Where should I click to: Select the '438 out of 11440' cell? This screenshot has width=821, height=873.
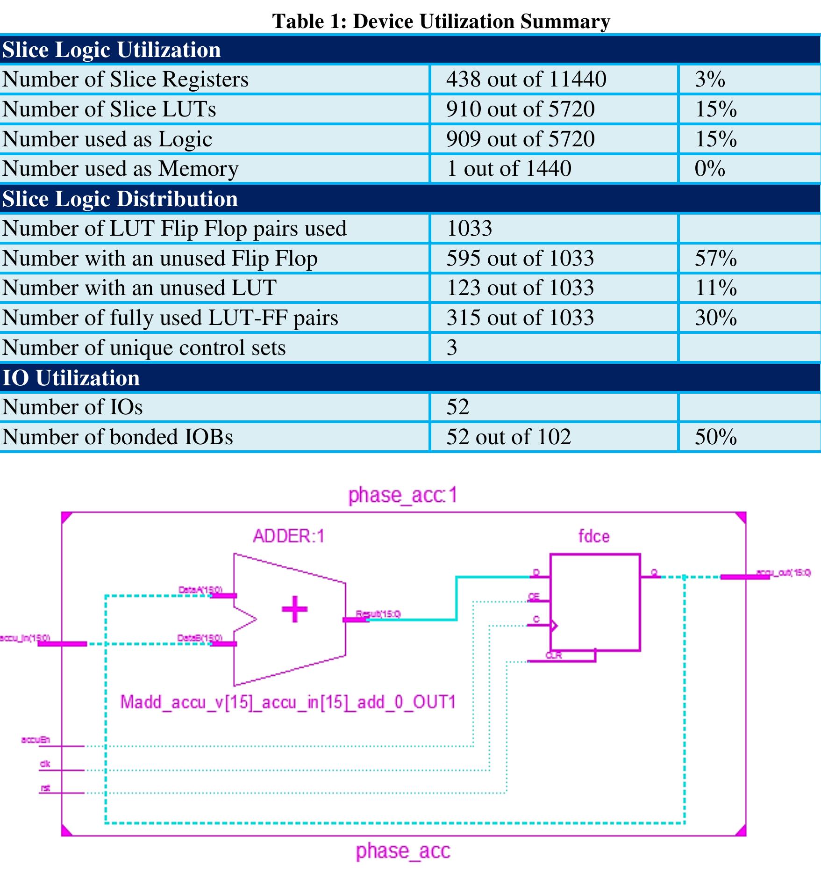click(526, 79)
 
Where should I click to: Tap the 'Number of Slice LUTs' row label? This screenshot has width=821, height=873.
click(109, 109)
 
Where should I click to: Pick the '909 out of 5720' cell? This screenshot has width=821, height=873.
click(520, 139)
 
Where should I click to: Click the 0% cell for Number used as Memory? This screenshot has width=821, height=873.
click(709, 168)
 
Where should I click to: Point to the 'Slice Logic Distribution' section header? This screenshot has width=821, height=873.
click(120, 199)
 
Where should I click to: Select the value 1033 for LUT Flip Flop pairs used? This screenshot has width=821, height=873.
click(469, 228)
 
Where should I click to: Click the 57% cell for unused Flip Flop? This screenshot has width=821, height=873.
click(715, 258)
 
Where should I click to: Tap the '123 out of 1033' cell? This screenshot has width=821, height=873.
click(520, 288)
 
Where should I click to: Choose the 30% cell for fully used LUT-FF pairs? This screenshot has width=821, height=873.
click(715, 317)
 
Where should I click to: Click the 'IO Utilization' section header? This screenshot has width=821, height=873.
click(71, 378)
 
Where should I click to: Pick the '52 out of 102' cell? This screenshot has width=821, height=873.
click(508, 437)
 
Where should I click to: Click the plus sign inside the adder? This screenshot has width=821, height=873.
click(294, 609)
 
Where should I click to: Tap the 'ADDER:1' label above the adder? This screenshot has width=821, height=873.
click(288, 536)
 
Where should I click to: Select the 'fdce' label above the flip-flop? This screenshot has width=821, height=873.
click(593, 536)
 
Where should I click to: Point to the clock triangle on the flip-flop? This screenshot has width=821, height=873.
click(554, 626)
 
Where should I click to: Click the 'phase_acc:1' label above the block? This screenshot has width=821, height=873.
click(403, 495)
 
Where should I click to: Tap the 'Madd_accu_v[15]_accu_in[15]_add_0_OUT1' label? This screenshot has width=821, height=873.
click(288, 702)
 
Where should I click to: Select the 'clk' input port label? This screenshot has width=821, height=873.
click(45, 764)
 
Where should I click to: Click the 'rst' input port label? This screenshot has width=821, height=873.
click(45, 788)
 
